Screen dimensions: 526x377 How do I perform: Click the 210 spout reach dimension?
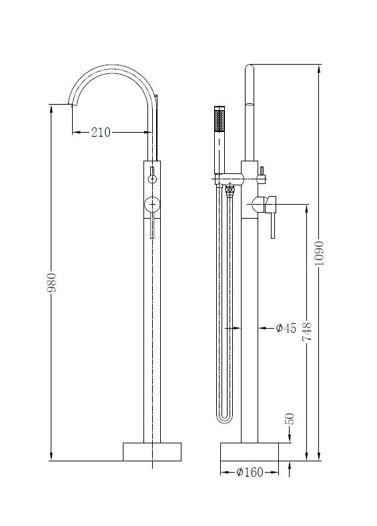[x=100, y=132]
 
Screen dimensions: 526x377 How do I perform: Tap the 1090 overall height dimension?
[x=320, y=253]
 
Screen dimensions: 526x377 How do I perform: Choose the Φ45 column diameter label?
[x=286, y=327]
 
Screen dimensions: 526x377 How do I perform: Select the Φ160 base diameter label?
[x=250, y=472]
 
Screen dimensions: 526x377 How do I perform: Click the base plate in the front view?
[x=151, y=451]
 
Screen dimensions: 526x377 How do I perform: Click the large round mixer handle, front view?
[x=153, y=205]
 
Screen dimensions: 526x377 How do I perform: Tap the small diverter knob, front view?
[x=153, y=179]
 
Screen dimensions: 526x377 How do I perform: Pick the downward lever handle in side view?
[x=272, y=220]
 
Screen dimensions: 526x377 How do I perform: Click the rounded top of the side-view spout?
[x=250, y=69]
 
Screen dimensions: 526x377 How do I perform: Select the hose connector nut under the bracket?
[x=231, y=191]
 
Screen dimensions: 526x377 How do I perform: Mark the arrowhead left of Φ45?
[x=262, y=327]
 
